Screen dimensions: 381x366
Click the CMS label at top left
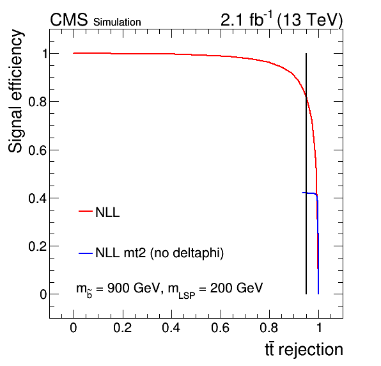(x=69, y=19)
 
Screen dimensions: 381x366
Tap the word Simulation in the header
(x=117, y=22)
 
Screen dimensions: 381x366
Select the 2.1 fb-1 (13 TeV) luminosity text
(x=281, y=19)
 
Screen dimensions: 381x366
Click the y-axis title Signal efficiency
(x=15, y=91)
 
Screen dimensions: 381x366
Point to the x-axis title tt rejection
(x=304, y=349)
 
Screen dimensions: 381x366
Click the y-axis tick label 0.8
(x=38, y=102)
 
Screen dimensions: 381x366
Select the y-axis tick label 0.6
(x=38, y=150)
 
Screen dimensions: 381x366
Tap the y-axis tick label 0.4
(x=38, y=198)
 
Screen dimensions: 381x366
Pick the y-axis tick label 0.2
(x=38, y=246)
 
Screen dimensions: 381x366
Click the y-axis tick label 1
(x=45, y=54)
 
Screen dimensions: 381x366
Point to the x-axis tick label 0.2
(x=123, y=328)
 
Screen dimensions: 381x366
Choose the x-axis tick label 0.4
(x=171, y=328)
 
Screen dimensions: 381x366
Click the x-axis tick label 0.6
(x=220, y=328)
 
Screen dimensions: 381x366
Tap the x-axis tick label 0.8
(x=269, y=328)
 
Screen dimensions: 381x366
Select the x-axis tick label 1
(x=319, y=328)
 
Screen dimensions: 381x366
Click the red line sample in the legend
(x=86, y=211)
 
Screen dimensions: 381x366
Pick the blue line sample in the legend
(x=86, y=253)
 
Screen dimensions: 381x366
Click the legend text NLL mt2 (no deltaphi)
(x=159, y=253)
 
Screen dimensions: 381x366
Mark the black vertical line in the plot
(x=306, y=173)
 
